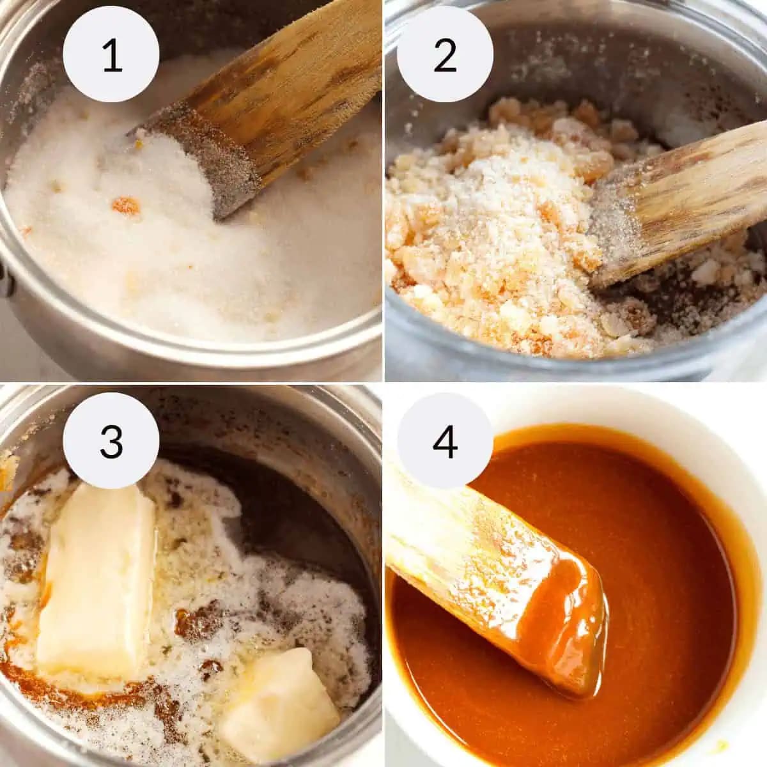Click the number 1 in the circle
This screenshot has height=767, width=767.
112,55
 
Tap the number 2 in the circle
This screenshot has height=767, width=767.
445,55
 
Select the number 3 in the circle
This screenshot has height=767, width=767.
111,441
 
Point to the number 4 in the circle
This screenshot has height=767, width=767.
445,441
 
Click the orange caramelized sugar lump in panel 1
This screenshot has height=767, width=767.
125,206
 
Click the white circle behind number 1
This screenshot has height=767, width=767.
111,54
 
